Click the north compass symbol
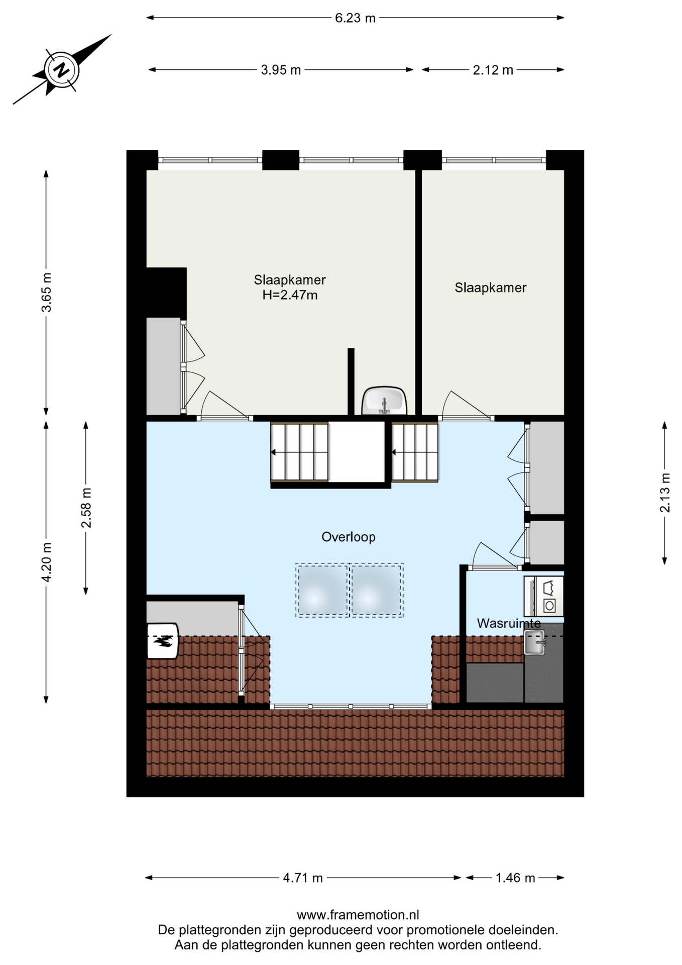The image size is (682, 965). pyautogui.click(x=62, y=69)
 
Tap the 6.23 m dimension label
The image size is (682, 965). pyautogui.click(x=355, y=18)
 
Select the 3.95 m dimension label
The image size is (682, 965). pyautogui.click(x=281, y=70)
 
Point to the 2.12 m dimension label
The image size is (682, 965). pyautogui.click(x=493, y=70)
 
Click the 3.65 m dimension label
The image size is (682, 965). pyautogui.click(x=46, y=293)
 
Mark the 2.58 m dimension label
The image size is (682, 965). pyautogui.click(x=86, y=508)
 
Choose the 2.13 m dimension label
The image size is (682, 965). pyautogui.click(x=664, y=493)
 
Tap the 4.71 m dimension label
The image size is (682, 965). pyautogui.click(x=303, y=878)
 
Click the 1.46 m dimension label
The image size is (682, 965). pyautogui.click(x=515, y=878)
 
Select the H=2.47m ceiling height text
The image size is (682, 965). pyautogui.click(x=290, y=295)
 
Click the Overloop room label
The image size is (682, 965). pyautogui.click(x=349, y=537)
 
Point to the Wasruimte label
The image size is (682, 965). pyautogui.click(x=509, y=623)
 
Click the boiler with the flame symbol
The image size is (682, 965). pyautogui.click(x=163, y=641)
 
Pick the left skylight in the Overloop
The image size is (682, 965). pyautogui.click(x=322, y=590)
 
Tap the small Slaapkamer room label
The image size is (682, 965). pyautogui.click(x=491, y=288)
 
